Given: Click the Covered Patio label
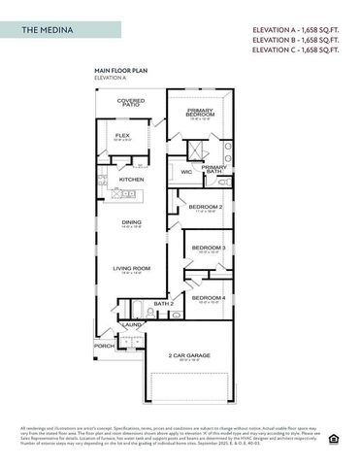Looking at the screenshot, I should pos(131,103).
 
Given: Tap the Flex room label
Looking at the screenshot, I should pos(123,135).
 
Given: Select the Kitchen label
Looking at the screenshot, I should pos(131,180).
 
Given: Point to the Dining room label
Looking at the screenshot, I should pos(131,222).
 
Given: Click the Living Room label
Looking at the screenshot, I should pos(131,268).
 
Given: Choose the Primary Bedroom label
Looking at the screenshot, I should pos(201,113).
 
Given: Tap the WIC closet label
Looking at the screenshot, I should pos(186,172).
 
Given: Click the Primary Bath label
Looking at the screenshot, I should pos(214,168).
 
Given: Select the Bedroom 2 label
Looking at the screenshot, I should pos(206,207).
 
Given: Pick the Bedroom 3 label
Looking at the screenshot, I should pos(208,248).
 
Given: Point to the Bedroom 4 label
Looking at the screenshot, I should pos(208,297).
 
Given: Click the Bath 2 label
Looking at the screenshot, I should pos(163,304).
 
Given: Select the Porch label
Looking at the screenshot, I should pos(103,345).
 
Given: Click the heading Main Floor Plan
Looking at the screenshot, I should pos(119,71).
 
